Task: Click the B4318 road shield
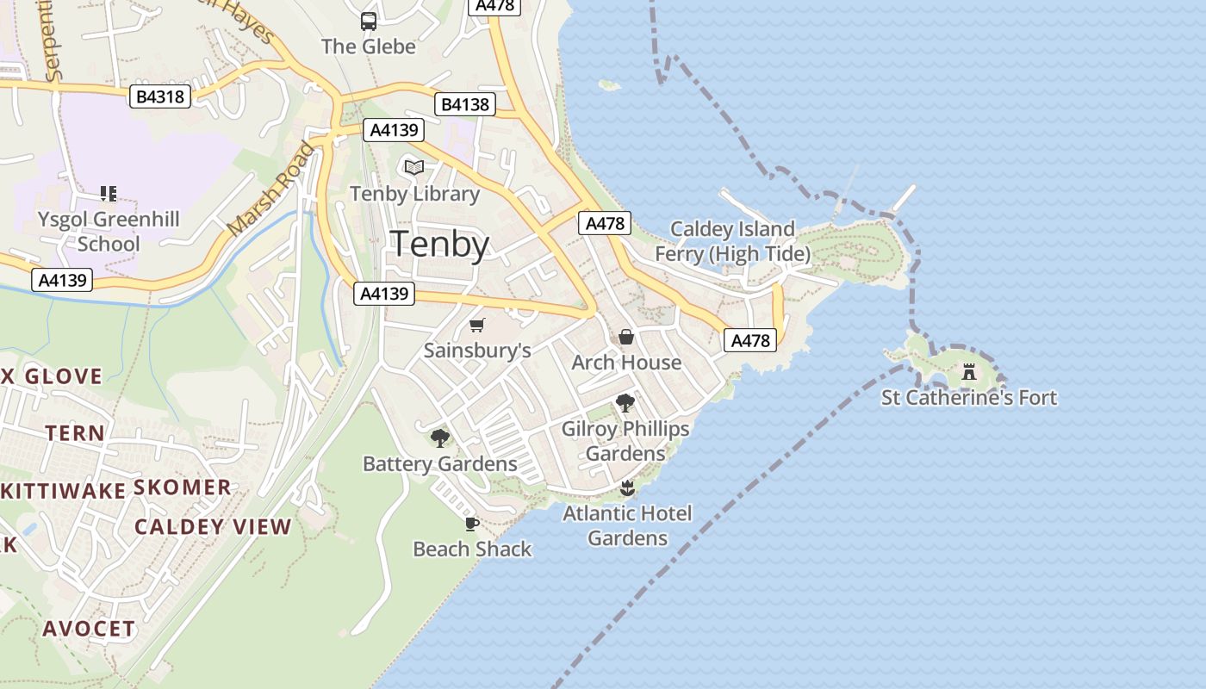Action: click(x=161, y=96)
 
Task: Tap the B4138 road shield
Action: click(x=465, y=105)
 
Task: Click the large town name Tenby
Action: click(x=440, y=245)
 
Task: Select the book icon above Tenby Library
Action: click(x=414, y=167)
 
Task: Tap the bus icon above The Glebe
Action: click(x=369, y=22)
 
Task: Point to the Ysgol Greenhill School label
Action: click(x=109, y=232)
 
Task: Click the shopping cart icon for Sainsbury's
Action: click(x=477, y=325)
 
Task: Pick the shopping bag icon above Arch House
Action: click(x=626, y=337)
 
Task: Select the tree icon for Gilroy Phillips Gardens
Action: click(x=625, y=403)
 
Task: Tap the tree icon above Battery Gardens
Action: click(x=440, y=438)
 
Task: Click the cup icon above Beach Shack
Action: click(x=471, y=524)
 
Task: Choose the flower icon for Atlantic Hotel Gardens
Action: click(x=627, y=488)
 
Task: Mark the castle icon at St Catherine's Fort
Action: click(x=969, y=372)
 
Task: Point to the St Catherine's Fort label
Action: click(x=969, y=398)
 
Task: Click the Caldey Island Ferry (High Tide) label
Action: click(x=732, y=241)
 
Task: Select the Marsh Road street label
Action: click(x=271, y=189)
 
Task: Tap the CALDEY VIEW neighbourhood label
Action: click(x=214, y=527)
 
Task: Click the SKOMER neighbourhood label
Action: click(x=183, y=487)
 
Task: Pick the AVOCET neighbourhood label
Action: click(x=90, y=629)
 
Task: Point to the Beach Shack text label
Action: click(x=472, y=549)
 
